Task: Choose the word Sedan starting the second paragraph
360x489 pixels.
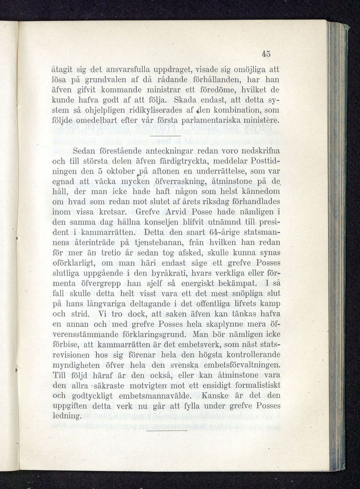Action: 84,151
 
